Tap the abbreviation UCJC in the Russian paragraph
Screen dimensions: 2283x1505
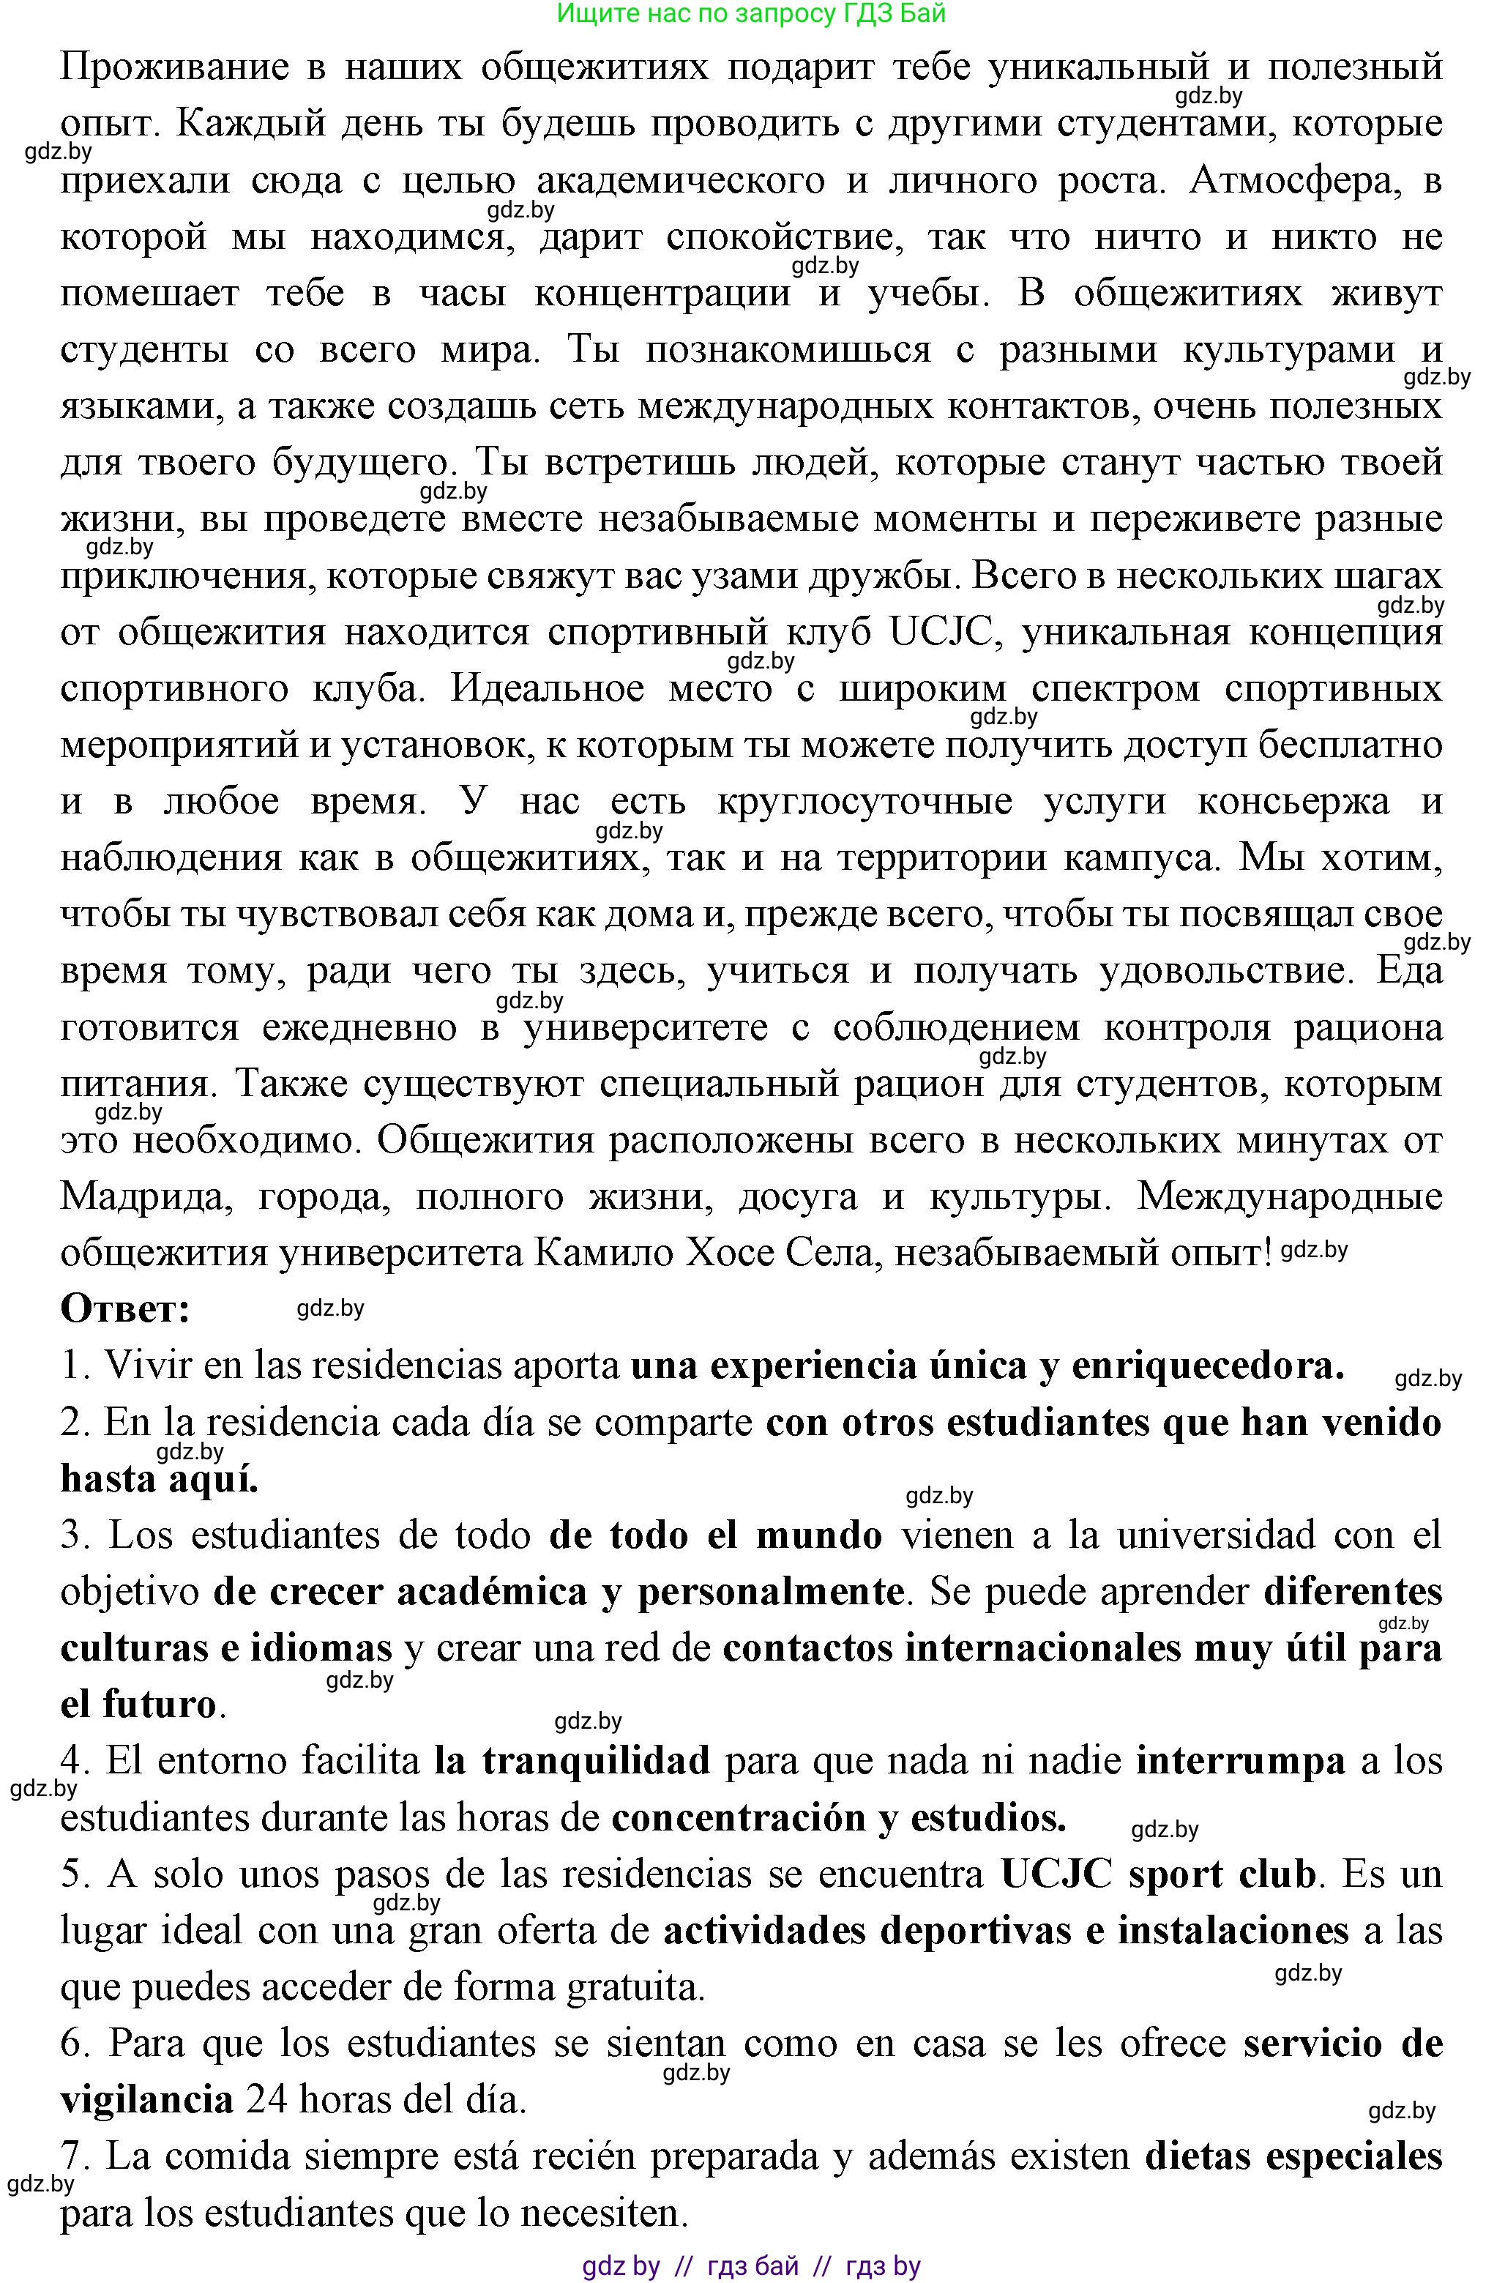[938, 633]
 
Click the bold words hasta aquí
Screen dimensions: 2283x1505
[160, 1480]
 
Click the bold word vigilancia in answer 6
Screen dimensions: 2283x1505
[147, 2101]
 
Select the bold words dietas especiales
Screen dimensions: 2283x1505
[1293, 2156]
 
